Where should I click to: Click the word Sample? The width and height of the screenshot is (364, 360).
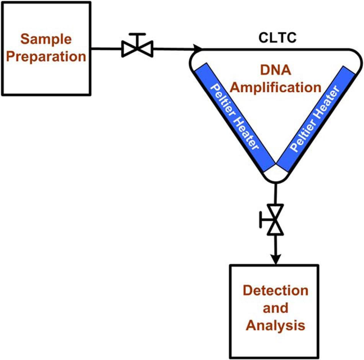pos(46,39)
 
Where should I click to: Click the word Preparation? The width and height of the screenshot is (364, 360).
pos(46,57)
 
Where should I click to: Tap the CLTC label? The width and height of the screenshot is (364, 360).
pos(277,38)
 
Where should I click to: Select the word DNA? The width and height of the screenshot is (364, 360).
pos(276,70)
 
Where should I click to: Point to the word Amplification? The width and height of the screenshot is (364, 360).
pos(276,88)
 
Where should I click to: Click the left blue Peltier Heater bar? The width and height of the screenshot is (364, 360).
pos(235,118)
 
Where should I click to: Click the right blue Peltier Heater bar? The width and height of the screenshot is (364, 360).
pos(316,119)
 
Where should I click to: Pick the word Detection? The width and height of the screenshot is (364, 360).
pos(276,290)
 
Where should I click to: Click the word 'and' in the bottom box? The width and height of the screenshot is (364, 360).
pos(276,308)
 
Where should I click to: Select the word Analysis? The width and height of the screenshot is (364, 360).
pos(275,326)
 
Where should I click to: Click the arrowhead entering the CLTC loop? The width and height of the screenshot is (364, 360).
pos(198,49)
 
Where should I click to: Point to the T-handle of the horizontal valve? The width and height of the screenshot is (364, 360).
pos(137,39)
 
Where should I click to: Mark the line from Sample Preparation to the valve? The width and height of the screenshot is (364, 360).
pos(106,49)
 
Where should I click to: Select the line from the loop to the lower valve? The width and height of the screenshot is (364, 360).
pos(276,194)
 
